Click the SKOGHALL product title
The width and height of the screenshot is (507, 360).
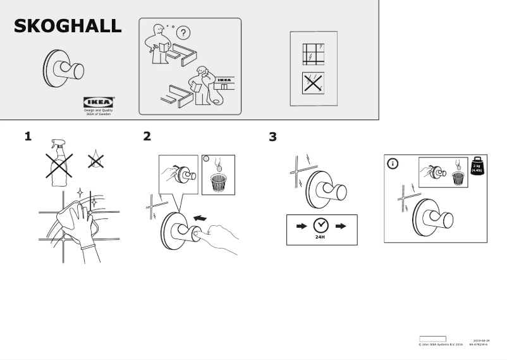coord(68,26)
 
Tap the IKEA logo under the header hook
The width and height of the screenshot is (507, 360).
coord(99,102)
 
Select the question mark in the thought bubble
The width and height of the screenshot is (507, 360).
coord(183,33)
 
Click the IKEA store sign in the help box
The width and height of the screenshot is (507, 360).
coord(224,80)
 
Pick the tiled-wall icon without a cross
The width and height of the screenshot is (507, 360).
coord(313,54)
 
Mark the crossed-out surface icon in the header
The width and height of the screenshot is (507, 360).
coord(313,83)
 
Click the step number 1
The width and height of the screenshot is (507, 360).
coord(28,136)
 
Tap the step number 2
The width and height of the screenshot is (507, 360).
coord(147,136)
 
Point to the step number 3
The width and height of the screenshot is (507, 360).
coord(272,137)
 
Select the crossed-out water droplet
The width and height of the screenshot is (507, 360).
coord(95,159)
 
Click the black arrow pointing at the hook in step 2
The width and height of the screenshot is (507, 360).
coord(200,218)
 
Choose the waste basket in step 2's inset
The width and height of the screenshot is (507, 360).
coord(218,182)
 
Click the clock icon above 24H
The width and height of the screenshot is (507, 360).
coord(321,225)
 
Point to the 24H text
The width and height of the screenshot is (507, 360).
coord(321,237)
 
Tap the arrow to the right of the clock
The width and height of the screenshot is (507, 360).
coord(341,226)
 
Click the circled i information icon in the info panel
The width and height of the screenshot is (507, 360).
coord(393,164)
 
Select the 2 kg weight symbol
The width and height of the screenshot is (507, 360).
coord(477,166)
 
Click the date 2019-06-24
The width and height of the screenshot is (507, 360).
coord(481,341)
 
